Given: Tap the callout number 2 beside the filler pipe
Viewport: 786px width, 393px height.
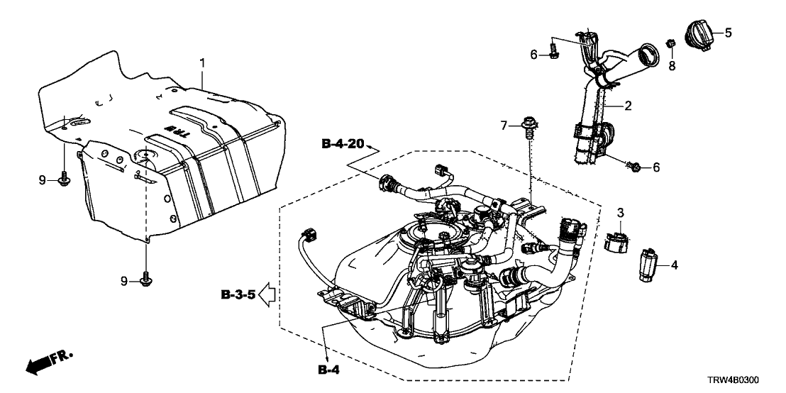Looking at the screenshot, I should coord(627,106).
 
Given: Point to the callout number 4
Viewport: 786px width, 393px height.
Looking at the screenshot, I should coord(674,265).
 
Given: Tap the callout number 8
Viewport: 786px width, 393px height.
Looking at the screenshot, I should coord(672,66).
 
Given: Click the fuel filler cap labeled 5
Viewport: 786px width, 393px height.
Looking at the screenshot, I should coord(699,33).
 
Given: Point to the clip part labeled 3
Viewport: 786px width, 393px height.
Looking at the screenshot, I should coord(617,238).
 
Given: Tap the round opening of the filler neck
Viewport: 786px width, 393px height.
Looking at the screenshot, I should coord(647,53).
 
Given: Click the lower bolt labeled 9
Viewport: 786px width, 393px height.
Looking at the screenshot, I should coord(146,280).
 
